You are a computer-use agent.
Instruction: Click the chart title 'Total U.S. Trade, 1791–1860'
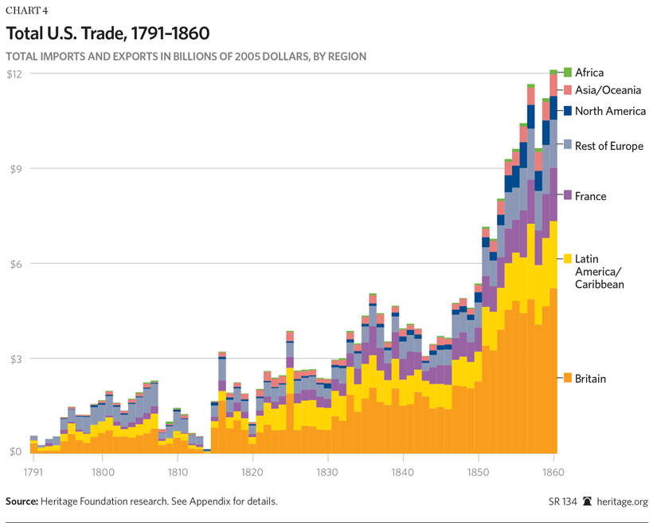(108, 33)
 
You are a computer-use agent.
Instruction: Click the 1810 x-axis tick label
(177, 471)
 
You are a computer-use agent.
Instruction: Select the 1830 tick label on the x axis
(328, 471)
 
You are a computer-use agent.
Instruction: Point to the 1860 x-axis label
(553, 471)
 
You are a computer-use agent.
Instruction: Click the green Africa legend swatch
(568, 73)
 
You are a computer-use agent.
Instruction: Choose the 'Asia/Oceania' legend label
(608, 90)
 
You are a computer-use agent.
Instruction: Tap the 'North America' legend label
(610, 111)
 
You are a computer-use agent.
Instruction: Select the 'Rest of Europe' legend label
(608, 146)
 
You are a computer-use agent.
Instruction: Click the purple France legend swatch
(568, 196)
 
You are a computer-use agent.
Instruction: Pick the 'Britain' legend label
(590, 379)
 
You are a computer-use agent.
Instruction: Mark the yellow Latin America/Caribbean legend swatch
(568, 258)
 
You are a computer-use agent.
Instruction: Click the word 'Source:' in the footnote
(24, 501)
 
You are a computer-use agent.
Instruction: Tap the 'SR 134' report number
(560, 501)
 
